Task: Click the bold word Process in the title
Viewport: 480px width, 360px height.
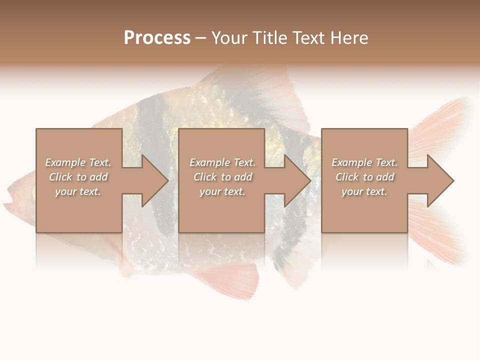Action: coord(157,38)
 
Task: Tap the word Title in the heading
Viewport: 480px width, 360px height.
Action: coord(269,38)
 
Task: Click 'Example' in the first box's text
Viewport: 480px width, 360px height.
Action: coord(65,162)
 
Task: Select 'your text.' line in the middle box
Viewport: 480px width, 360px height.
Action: coord(222,191)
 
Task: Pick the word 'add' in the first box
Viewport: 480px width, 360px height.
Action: coord(99,177)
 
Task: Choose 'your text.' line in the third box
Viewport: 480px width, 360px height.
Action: coord(364,191)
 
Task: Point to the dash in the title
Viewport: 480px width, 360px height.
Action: coord(200,38)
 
